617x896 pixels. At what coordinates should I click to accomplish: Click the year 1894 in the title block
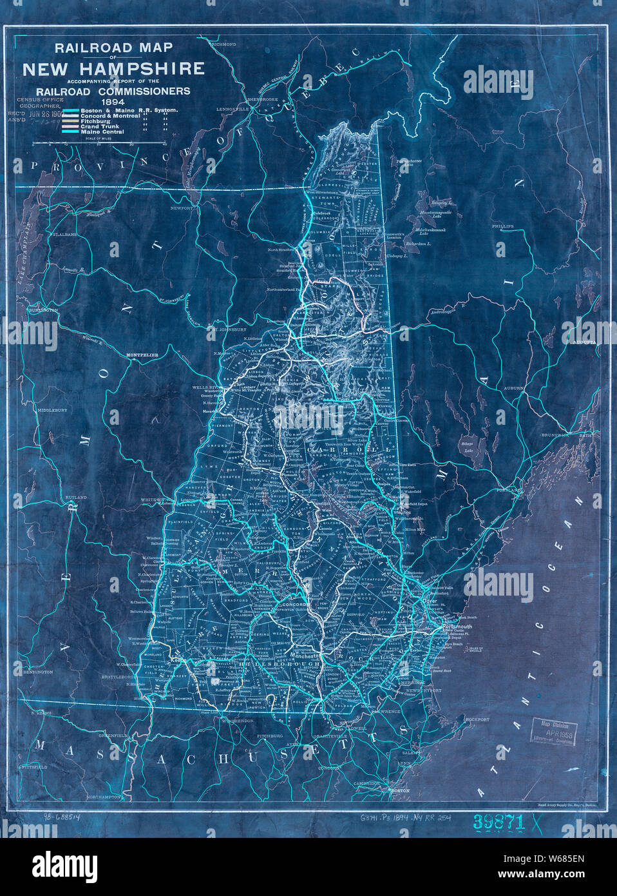pyautogui.click(x=113, y=101)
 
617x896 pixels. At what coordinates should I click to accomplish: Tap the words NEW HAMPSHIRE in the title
pyautogui.click(x=113, y=68)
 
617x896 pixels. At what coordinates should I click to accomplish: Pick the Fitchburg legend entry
pyautogui.click(x=96, y=121)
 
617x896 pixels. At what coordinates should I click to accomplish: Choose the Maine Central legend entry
pyautogui.click(x=100, y=131)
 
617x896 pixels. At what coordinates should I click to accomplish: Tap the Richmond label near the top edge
pyautogui.click(x=224, y=44)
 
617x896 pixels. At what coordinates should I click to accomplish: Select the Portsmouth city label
pyautogui.click(x=457, y=626)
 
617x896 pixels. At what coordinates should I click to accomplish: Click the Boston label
pyautogui.click(x=400, y=790)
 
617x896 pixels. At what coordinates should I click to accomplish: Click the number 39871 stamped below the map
pyautogui.click(x=499, y=821)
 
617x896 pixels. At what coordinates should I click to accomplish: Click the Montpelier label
pyautogui.click(x=142, y=355)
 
